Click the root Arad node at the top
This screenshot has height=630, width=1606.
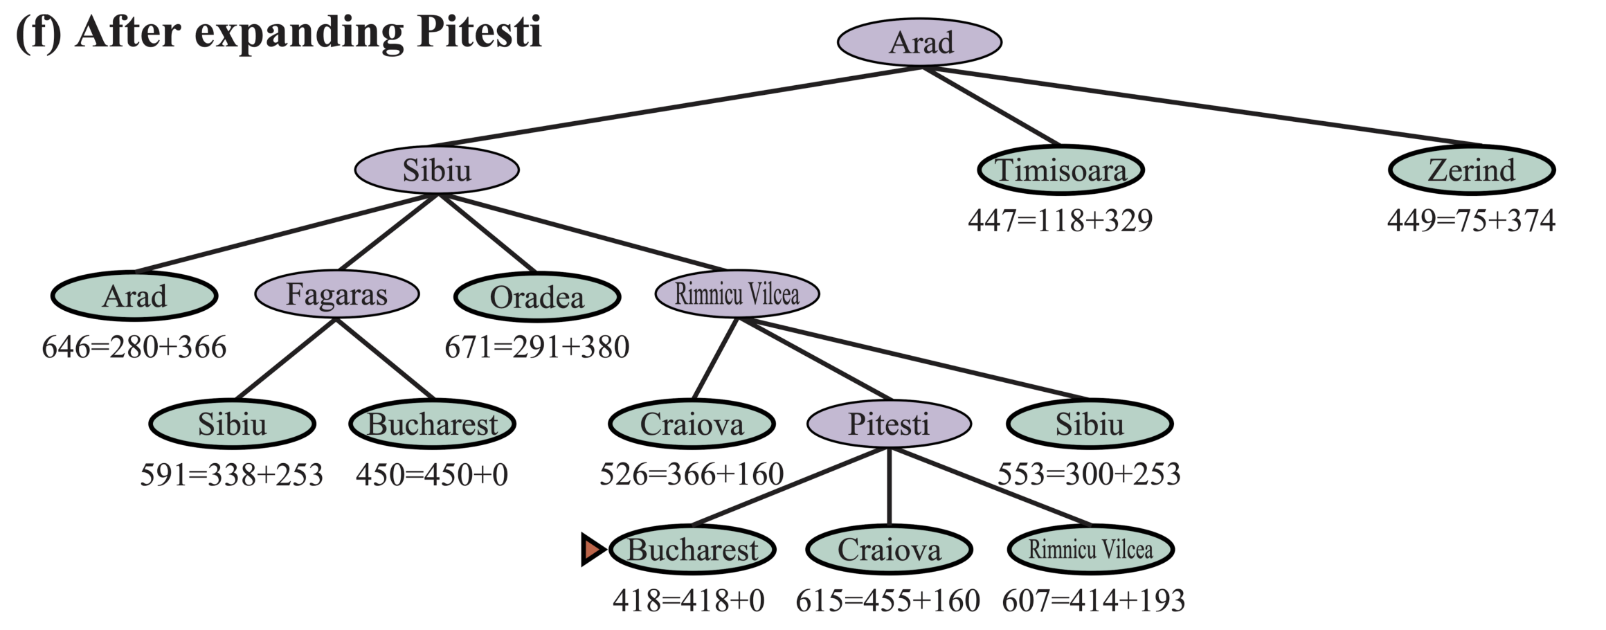click(x=919, y=42)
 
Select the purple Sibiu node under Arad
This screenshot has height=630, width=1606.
click(x=437, y=170)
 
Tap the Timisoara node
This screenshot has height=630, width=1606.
click(x=1061, y=170)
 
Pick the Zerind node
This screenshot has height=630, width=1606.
click(x=1472, y=170)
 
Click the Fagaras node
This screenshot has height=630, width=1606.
click(x=337, y=294)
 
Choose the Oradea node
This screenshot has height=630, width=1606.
click(x=537, y=297)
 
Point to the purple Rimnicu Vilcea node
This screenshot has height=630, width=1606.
click(x=737, y=294)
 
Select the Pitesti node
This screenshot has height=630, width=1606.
click(x=889, y=424)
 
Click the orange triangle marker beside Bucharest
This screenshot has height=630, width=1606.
click(x=592, y=550)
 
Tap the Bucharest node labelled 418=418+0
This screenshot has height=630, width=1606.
click(x=692, y=550)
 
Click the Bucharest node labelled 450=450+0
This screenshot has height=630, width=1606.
click(x=433, y=424)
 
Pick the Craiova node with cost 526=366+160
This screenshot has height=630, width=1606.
click(x=692, y=424)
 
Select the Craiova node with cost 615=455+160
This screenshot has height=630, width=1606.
click(x=890, y=550)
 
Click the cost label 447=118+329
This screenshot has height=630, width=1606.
click(x=1061, y=220)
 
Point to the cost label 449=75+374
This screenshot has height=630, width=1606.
click(x=1472, y=220)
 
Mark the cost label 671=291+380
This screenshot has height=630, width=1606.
click(x=537, y=347)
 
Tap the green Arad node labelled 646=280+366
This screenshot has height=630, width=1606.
click(x=134, y=296)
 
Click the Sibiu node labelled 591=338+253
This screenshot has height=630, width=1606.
click(x=233, y=424)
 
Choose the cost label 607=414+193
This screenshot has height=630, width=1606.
click(x=1093, y=600)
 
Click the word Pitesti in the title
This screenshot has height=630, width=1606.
click(x=479, y=32)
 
